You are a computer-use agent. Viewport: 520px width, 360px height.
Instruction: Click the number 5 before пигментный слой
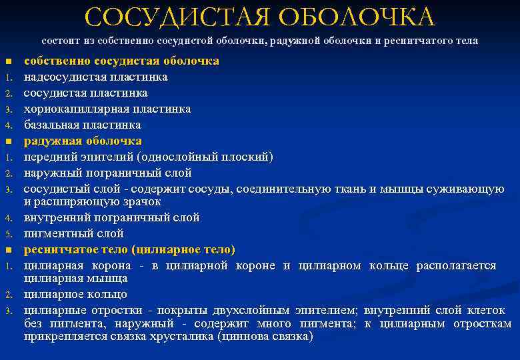(9, 235)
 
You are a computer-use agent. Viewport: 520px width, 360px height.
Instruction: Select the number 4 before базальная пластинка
(9, 125)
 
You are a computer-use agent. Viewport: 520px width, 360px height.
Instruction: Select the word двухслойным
(248, 310)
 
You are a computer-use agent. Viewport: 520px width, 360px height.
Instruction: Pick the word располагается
(456, 265)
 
